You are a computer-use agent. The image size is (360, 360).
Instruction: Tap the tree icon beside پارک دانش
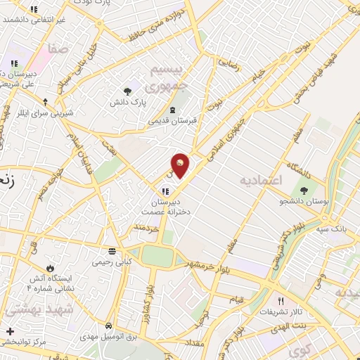point(127,91)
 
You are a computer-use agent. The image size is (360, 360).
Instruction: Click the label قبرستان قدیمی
point(174,120)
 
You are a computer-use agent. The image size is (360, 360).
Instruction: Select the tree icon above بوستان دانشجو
point(304,190)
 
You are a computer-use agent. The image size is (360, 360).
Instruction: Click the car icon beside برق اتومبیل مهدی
point(109,327)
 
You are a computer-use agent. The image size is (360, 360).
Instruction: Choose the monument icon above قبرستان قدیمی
point(173,110)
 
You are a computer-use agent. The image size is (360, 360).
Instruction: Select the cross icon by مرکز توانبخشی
point(10,331)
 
